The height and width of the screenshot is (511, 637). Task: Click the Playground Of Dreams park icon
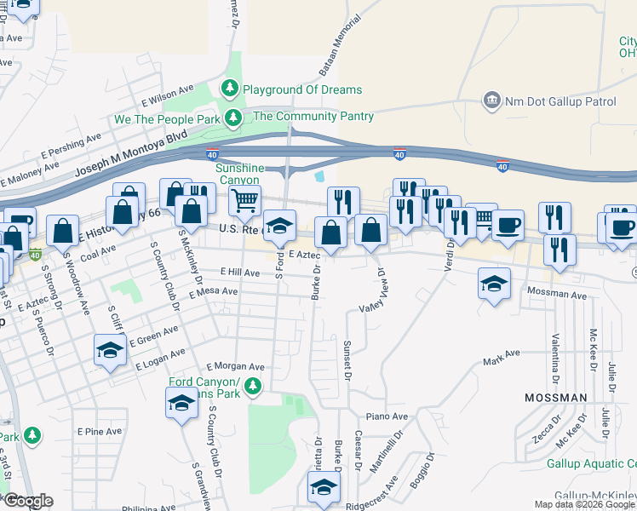[229, 89]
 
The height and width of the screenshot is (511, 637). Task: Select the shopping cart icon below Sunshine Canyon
[244, 202]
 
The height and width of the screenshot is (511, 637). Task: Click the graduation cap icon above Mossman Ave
[494, 284]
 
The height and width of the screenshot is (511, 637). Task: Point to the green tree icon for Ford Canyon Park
[252, 388]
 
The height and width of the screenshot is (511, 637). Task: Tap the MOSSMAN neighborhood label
[555, 398]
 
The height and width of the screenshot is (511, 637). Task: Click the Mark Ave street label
[502, 358]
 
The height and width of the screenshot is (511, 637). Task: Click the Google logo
[27, 501]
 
